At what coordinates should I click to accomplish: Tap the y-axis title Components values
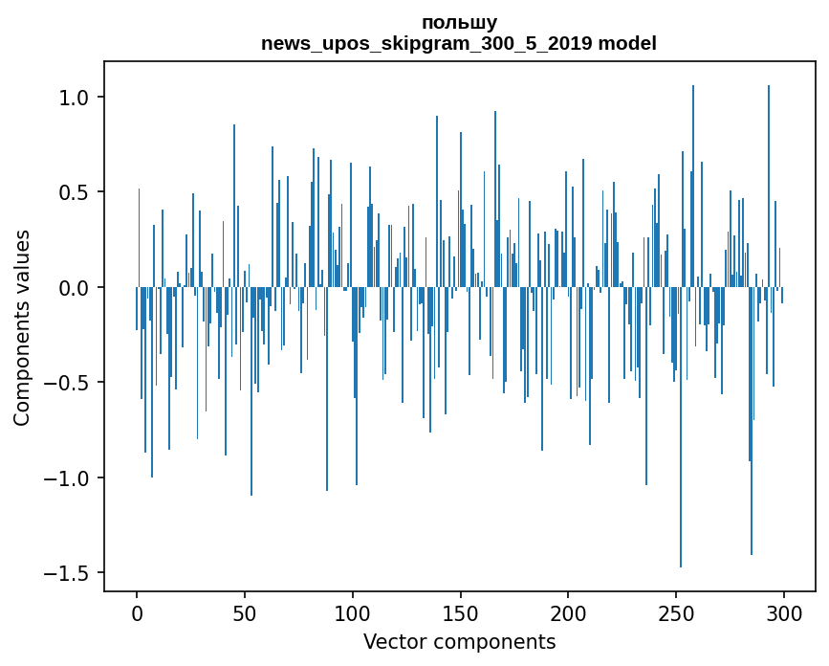pyautogui.click(x=22, y=327)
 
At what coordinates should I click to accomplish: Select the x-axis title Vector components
pyautogui.click(x=459, y=641)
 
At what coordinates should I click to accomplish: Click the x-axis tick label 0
pyautogui.click(x=137, y=612)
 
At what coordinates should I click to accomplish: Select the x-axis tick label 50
pyautogui.click(x=245, y=612)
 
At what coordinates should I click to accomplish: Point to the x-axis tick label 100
pyautogui.click(x=353, y=612)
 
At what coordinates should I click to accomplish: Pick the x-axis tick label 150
pyautogui.click(x=461, y=612)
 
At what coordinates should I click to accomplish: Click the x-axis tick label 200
pyautogui.click(x=569, y=612)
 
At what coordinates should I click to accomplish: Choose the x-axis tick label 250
pyautogui.click(x=677, y=612)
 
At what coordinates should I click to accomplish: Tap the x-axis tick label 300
pyautogui.click(x=785, y=612)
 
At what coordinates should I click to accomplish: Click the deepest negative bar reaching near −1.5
pyautogui.click(x=681, y=478)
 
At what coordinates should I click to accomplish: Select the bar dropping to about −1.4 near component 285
pyautogui.click(x=752, y=459)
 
